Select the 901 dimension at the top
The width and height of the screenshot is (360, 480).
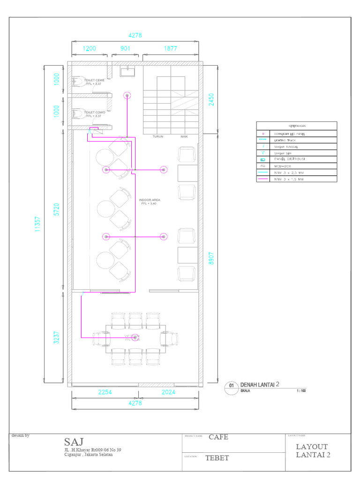click(125, 49)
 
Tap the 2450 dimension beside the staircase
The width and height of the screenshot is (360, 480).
click(211, 99)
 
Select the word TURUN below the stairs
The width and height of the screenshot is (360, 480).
click(158, 137)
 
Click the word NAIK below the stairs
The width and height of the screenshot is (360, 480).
click(184, 137)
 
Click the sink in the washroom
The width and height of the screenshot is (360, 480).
click(127, 72)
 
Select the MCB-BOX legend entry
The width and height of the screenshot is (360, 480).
click(283, 166)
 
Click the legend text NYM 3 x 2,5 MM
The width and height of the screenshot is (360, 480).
click(289, 172)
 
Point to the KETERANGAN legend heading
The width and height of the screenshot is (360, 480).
click(296, 126)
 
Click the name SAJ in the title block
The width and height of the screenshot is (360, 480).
click(74, 442)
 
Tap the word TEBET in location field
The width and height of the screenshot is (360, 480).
click(217, 458)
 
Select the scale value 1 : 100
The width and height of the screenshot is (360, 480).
click(301, 390)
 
